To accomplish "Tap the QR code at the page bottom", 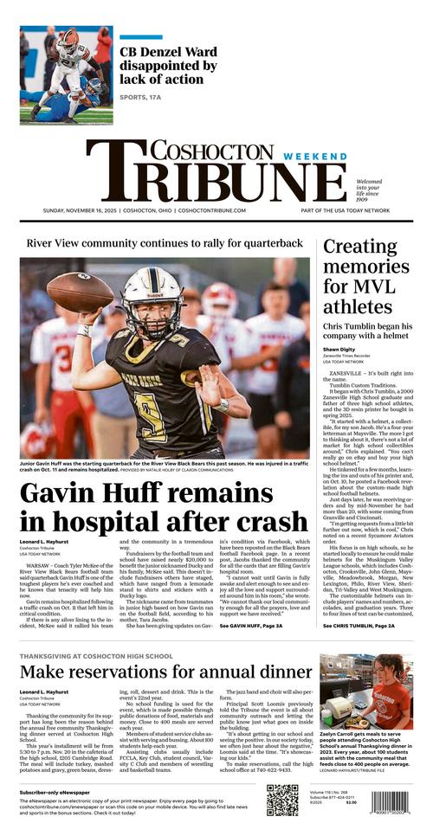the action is coord(281,800).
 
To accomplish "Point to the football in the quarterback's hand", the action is coord(80,292).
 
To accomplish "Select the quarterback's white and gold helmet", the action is coord(152,302).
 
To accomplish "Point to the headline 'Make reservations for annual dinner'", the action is coord(165,672).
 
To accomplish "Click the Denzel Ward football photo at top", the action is coord(66,75).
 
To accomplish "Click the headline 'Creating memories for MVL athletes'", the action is coord(365,276).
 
